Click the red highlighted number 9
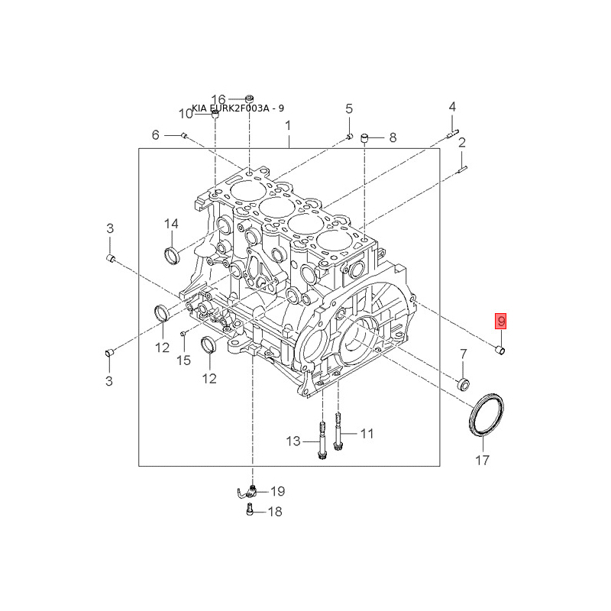[501, 321]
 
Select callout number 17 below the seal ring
[482, 461]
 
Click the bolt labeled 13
[322, 441]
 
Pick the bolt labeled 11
[338, 432]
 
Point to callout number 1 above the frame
[288, 125]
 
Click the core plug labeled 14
[171, 255]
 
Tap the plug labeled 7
[464, 384]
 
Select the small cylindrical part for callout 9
[500, 350]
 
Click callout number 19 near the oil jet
[278, 491]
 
